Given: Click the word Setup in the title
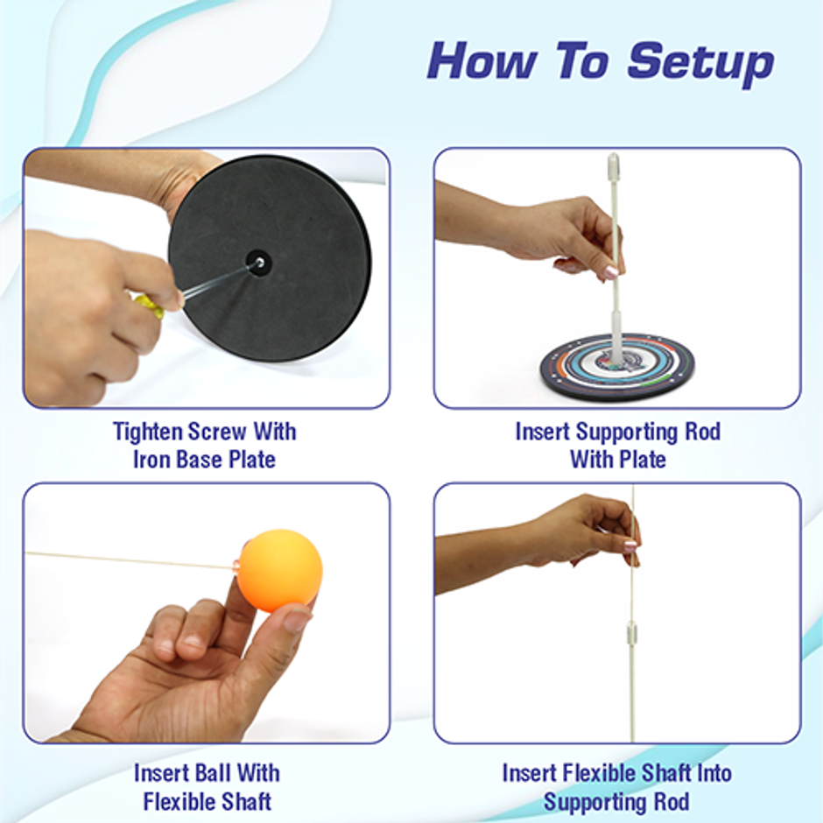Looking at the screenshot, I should click(700, 63).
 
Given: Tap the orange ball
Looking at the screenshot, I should click(279, 570).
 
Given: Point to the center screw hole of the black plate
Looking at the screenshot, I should click(257, 261).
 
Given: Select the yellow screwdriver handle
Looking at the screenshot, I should click(149, 305).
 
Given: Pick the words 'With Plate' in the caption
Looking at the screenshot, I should click(617, 460).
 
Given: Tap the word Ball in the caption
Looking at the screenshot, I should click(208, 773).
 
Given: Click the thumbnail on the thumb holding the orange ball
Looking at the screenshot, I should click(296, 620).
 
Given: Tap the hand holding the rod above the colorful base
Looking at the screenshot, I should click(560, 232).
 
